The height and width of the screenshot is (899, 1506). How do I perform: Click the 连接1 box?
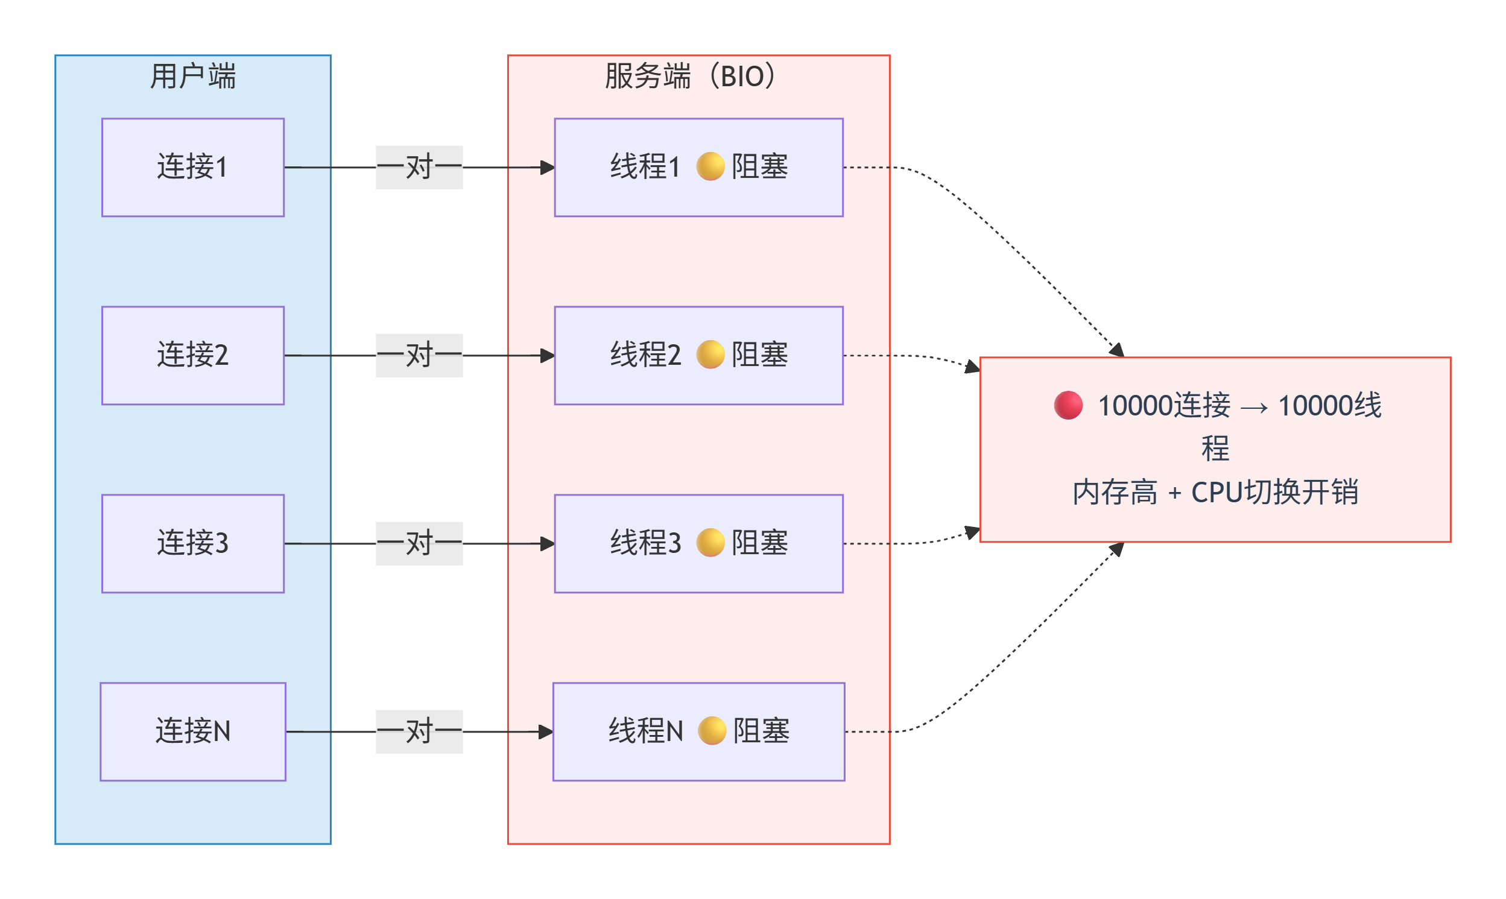pyautogui.click(x=192, y=167)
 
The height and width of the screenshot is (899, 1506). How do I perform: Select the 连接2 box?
pyautogui.click(x=192, y=356)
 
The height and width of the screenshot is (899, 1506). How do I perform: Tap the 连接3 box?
pyautogui.click(x=192, y=544)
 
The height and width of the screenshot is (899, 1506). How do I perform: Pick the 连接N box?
pyautogui.click(x=192, y=732)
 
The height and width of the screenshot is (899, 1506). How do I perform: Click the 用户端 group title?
pyautogui.click(x=192, y=77)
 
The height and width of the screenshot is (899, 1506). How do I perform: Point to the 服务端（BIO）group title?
pyautogui.click(x=691, y=77)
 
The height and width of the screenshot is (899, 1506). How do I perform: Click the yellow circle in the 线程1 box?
pyautogui.click(x=710, y=166)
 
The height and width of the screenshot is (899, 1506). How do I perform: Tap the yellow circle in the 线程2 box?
pyautogui.click(x=710, y=355)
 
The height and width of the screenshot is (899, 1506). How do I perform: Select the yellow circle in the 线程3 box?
pyautogui.click(x=710, y=543)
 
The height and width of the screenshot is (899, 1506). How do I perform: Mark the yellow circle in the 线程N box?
pyautogui.click(x=712, y=731)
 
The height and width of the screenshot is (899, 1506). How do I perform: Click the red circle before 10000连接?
pyautogui.click(x=1069, y=406)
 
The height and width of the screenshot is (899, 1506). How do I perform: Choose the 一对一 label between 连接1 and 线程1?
pyautogui.click(x=419, y=167)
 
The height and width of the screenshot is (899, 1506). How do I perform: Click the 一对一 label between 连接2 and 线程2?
pyautogui.click(x=419, y=356)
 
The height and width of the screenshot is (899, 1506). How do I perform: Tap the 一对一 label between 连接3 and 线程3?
pyautogui.click(x=419, y=544)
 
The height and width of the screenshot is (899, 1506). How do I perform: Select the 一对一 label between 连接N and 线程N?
pyautogui.click(x=419, y=732)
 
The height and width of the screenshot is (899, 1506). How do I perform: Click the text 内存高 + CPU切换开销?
pyautogui.click(x=1215, y=493)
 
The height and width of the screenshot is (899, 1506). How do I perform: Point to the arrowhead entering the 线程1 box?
pyautogui.click(x=548, y=167)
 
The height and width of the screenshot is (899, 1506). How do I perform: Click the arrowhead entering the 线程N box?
pyautogui.click(x=546, y=732)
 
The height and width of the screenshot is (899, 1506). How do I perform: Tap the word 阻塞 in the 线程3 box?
pyautogui.click(x=760, y=543)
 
